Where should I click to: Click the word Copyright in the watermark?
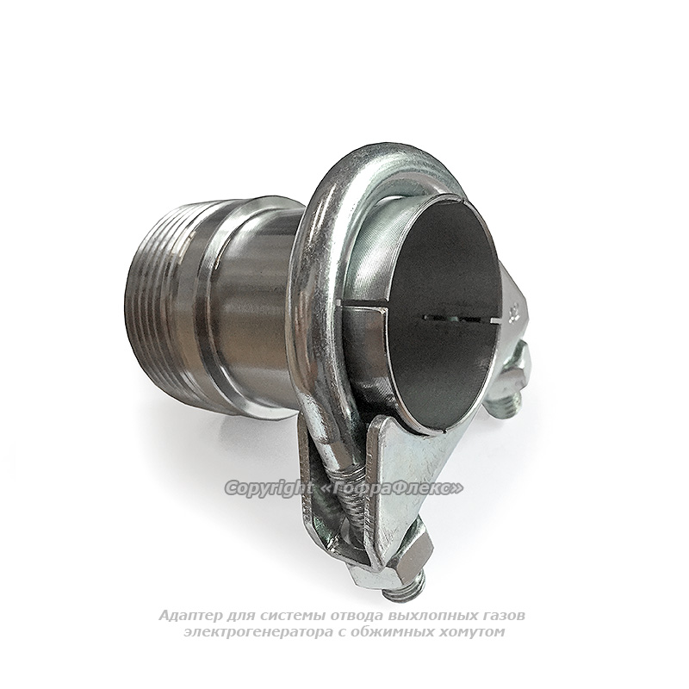tap(269, 487)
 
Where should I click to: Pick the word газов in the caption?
tap(505, 616)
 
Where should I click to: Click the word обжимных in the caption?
tap(393, 632)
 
